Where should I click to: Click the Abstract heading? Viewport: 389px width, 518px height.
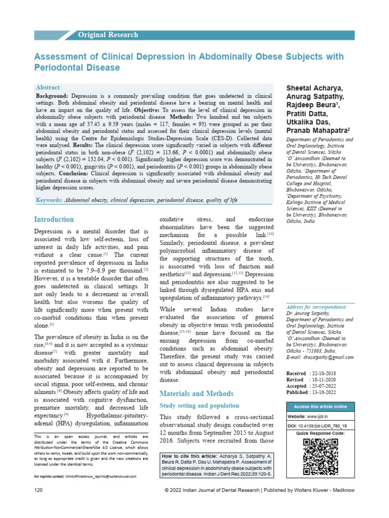[48, 88]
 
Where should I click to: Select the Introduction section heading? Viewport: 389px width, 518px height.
[54, 220]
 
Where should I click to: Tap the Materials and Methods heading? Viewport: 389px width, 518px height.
[197, 394]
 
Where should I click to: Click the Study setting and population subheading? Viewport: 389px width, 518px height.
[200, 406]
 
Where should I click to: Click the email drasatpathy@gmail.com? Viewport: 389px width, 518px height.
[324, 357]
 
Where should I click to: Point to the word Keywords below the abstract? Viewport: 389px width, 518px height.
[49, 200]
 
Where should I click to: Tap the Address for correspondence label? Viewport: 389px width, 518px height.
[317, 307]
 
